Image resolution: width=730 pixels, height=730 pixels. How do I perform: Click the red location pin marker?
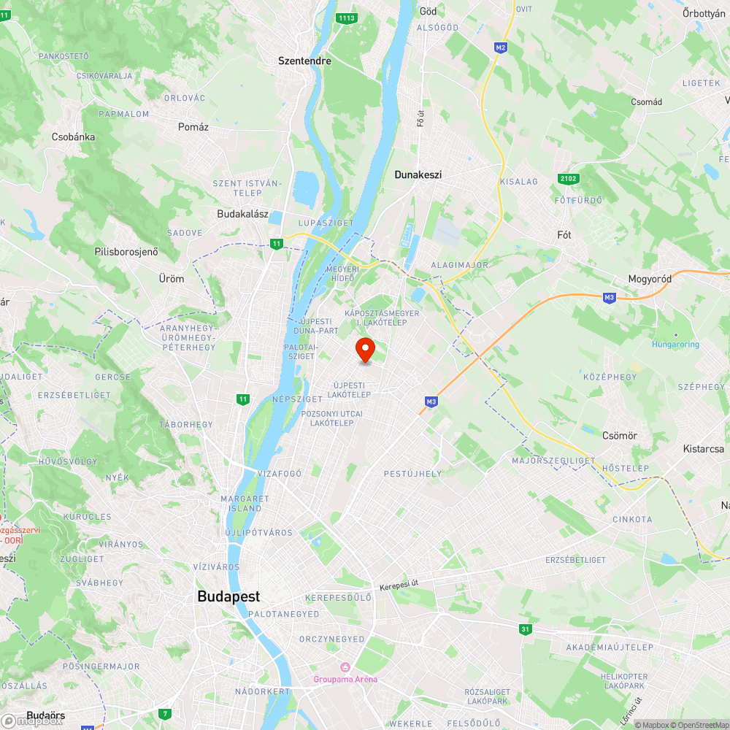[364, 350]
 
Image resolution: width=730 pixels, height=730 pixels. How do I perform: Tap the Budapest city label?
[228, 596]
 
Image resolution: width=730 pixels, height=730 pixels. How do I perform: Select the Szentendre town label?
[304, 61]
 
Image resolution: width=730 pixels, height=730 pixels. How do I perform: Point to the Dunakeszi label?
[418, 175]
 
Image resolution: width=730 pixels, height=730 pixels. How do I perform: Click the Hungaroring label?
[676, 345]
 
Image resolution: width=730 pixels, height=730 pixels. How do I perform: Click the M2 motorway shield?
[500, 47]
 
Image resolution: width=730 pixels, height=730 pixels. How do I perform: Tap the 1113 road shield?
[347, 18]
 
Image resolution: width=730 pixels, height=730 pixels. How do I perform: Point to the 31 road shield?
[526, 629]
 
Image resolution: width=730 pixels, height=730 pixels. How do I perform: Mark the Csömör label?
[620, 436]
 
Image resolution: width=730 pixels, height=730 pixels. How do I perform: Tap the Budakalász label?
[243, 215]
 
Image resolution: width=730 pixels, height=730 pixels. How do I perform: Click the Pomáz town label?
[193, 127]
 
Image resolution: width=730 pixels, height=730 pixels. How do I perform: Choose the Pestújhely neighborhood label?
[412, 474]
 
